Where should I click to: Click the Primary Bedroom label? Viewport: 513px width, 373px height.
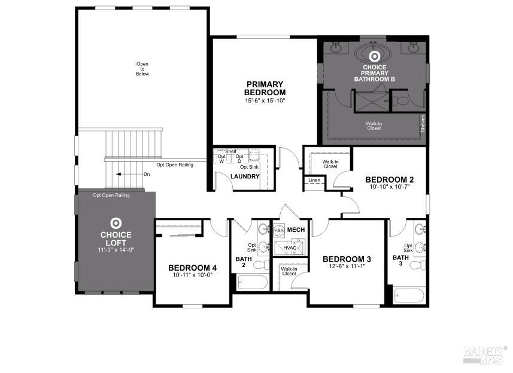pos(265,88)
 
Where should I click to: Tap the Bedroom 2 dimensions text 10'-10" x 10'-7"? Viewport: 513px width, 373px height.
pos(390,188)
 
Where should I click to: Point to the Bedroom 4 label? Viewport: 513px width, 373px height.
pos(192,267)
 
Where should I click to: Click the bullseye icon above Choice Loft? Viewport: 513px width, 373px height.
pos(116,222)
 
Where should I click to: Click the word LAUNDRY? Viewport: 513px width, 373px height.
pos(245,177)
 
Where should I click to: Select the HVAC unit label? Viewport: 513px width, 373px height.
pos(290,247)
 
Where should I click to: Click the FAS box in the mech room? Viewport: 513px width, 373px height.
pos(279,230)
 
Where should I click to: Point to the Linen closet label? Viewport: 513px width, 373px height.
pos(314,180)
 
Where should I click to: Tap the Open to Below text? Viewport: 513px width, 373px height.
pos(142,69)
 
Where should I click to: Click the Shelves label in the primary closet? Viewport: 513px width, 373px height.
pos(423,123)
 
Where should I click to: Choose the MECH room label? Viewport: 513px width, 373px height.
pos(296,230)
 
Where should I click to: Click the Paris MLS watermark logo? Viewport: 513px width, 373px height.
pos(484,354)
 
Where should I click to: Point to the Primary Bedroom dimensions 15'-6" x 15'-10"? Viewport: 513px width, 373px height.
pos(265,101)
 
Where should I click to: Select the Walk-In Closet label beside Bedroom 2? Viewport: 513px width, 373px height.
pos(330,164)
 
